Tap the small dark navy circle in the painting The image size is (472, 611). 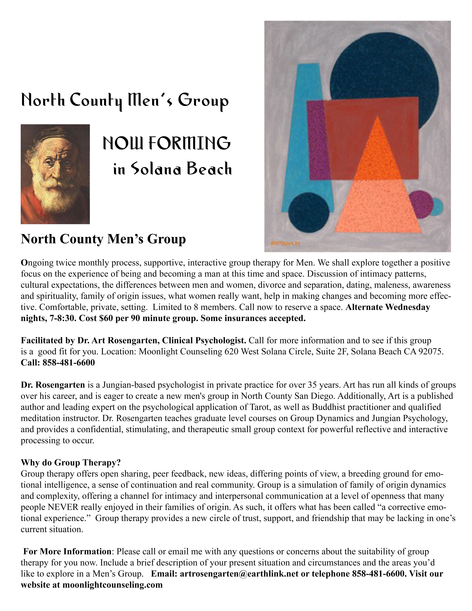309,213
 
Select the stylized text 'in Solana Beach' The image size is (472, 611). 172,169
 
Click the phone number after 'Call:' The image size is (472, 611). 68,363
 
